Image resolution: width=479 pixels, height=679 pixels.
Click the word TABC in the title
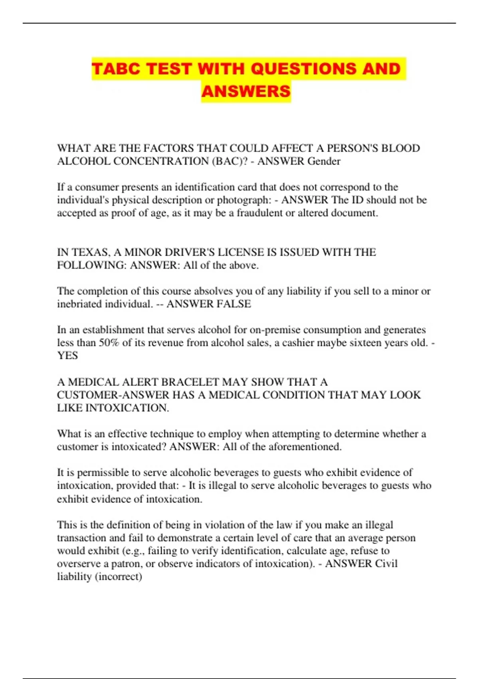116,69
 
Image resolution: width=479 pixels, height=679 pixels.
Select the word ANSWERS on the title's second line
246,91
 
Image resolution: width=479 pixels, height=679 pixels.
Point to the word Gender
324,161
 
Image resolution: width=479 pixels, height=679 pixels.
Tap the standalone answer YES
67,355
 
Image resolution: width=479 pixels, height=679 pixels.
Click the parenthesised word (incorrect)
119,577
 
